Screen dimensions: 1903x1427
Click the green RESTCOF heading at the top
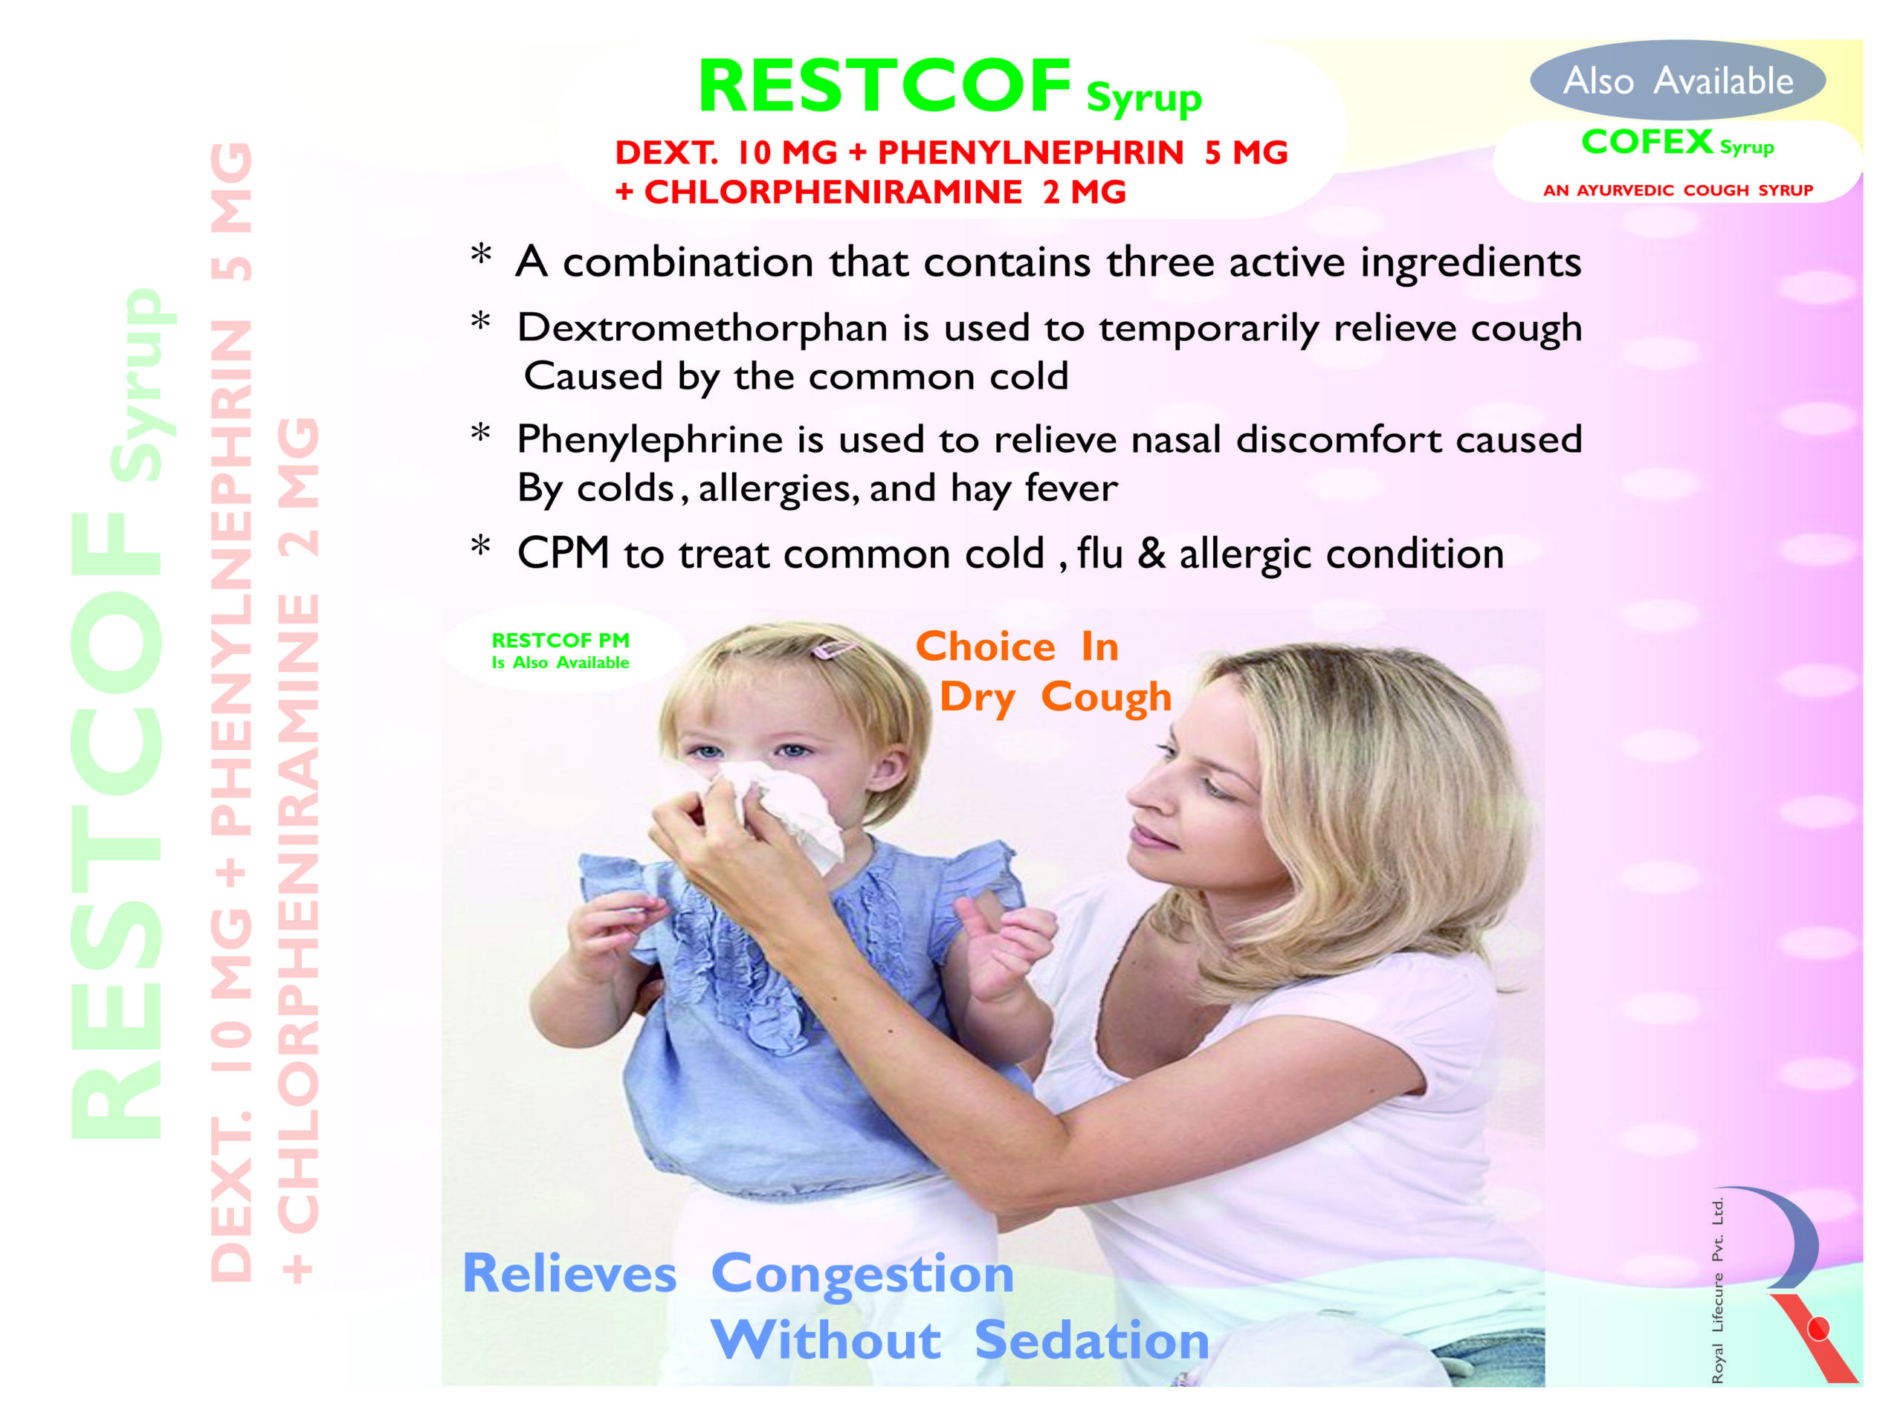click(x=885, y=86)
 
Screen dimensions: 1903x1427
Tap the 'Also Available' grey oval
click(x=1678, y=80)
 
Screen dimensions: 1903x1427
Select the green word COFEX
click(x=1647, y=142)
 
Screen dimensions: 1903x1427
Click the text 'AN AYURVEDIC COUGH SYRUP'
click(x=1678, y=190)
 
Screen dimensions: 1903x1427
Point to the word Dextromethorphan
click(x=702, y=328)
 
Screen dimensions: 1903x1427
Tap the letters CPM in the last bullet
click(x=563, y=552)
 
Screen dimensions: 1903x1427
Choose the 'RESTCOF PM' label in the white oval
click(x=560, y=640)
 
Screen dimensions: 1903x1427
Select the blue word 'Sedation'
click(x=1092, y=1340)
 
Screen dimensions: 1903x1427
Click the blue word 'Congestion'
click(x=862, y=1275)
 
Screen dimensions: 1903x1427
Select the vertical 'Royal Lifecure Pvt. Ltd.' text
click(x=1717, y=1290)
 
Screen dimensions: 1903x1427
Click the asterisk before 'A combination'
click(x=481, y=255)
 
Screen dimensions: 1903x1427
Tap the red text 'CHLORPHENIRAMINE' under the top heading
click(x=833, y=192)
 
